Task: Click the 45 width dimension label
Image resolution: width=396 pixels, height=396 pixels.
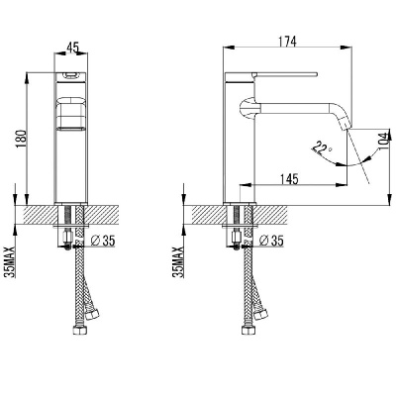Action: click(x=73, y=48)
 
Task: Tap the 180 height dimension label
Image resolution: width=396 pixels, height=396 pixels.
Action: click(x=22, y=139)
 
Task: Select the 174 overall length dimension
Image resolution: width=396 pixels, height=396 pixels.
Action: click(x=287, y=42)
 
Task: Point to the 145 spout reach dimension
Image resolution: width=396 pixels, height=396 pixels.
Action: click(x=289, y=179)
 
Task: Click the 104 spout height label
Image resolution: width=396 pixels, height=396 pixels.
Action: click(x=383, y=141)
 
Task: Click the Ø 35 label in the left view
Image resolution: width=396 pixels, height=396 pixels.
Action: click(x=103, y=241)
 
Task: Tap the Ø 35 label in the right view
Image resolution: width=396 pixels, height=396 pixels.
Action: click(x=271, y=241)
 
